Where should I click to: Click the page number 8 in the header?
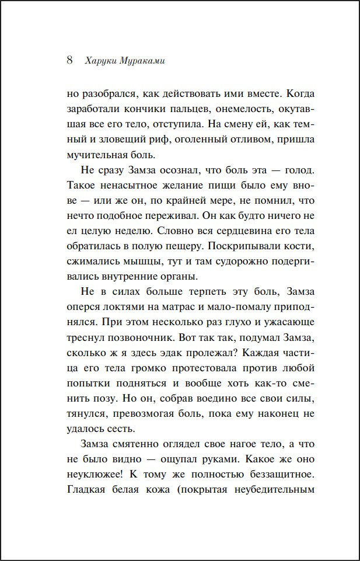point(69,60)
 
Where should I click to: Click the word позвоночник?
point(144,338)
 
